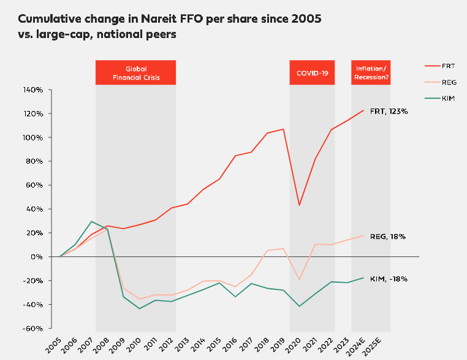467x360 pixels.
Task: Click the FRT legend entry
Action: pos(440,65)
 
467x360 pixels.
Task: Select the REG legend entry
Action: pos(440,82)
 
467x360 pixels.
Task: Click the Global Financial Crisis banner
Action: pos(135,72)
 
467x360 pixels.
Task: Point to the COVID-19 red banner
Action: pos(312,72)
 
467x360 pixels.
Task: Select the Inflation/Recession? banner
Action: pos(371,72)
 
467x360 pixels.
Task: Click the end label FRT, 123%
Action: pos(389,112)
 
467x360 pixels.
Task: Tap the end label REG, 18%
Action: pos(389,236)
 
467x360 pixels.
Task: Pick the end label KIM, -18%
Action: pos(389,278)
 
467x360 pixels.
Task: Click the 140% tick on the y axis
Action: pos(32,90)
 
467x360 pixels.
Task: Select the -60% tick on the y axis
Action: pos(32,328)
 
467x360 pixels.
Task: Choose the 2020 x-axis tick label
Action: pos(295,341)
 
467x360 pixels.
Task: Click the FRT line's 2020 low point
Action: pos(299,205)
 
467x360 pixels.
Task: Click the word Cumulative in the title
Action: pos(48,20)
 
